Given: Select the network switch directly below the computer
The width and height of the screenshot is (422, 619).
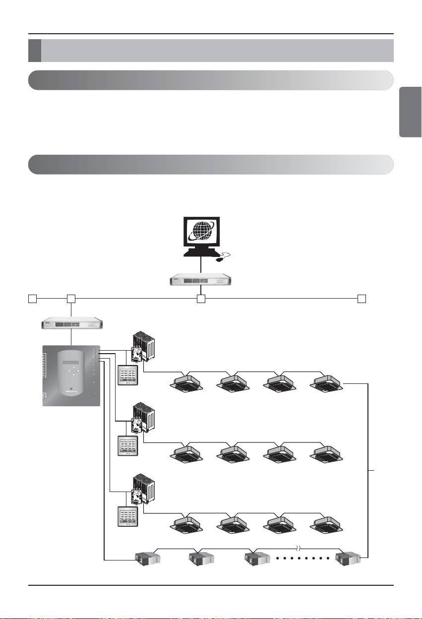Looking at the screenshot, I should click(x=200, y=280).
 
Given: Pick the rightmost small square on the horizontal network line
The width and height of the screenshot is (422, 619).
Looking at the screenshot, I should click(x=362, y=299).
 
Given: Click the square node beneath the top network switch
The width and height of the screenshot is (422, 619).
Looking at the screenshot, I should click(x=200, y=299).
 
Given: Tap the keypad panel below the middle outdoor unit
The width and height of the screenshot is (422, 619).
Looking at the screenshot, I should click(x=128, y=445).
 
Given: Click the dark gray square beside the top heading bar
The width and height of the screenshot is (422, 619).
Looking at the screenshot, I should click(x=34, y=51).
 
